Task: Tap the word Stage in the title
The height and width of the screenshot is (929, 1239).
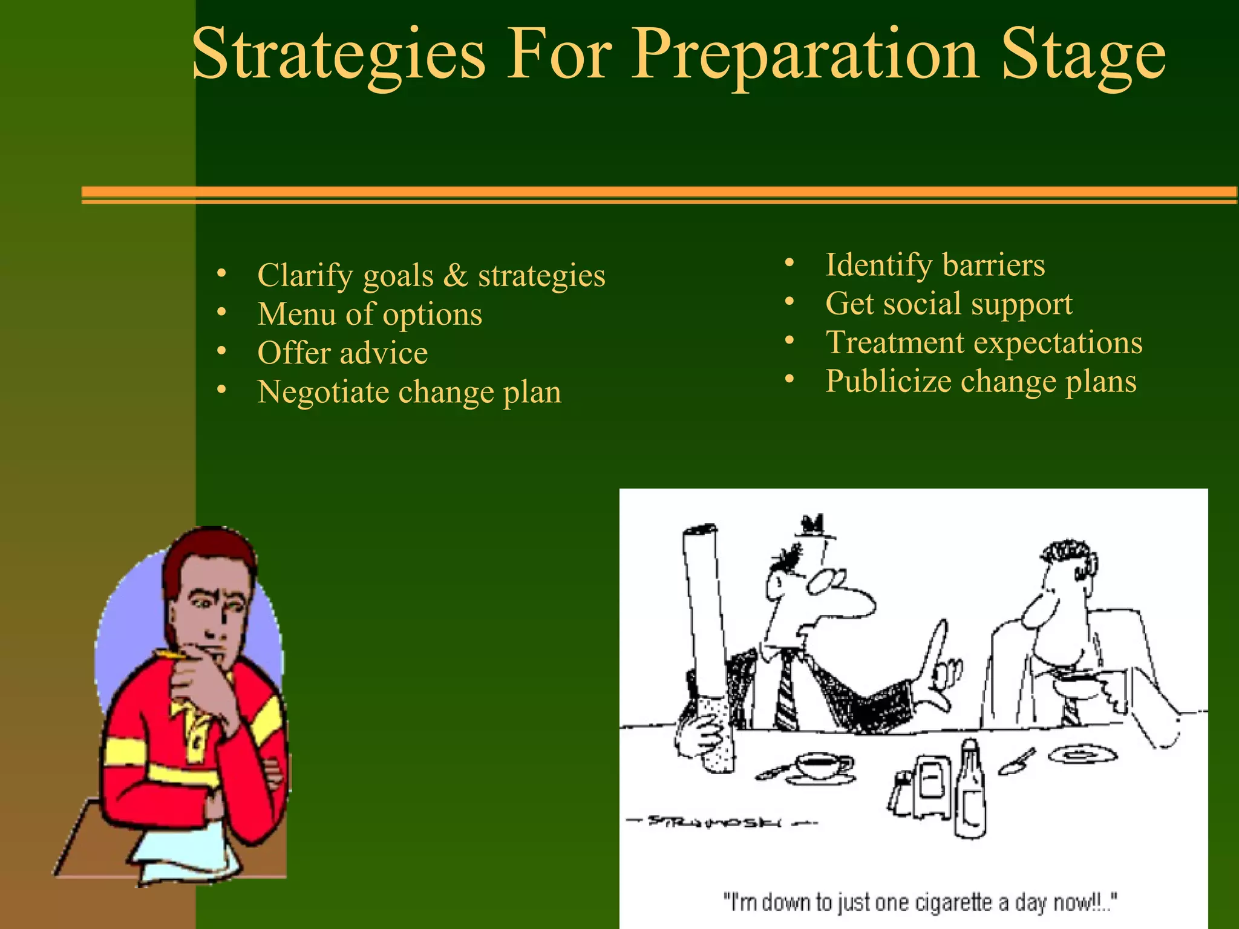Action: pos(1083,56)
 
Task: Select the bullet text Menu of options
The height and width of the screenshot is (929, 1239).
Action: pos(370,315)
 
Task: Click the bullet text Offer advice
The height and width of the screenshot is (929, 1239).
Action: pos(342,353)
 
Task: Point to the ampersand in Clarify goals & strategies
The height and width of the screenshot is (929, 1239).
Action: pos(455,276)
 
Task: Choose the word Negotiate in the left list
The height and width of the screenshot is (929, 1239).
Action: pos(323,392)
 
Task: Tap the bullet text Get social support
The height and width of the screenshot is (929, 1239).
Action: pos(948,304)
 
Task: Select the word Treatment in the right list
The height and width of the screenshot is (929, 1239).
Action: pos(895,342)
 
